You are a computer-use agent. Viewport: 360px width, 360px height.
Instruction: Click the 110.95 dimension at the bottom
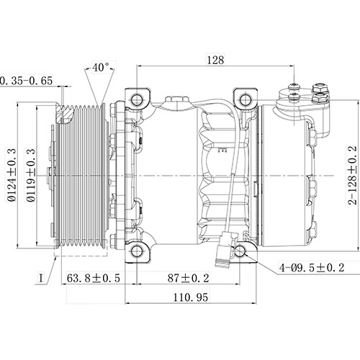coord(191,298)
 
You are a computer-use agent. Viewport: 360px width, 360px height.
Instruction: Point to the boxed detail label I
coord(42,276)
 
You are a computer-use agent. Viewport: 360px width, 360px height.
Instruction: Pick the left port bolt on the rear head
coord(295,91)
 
